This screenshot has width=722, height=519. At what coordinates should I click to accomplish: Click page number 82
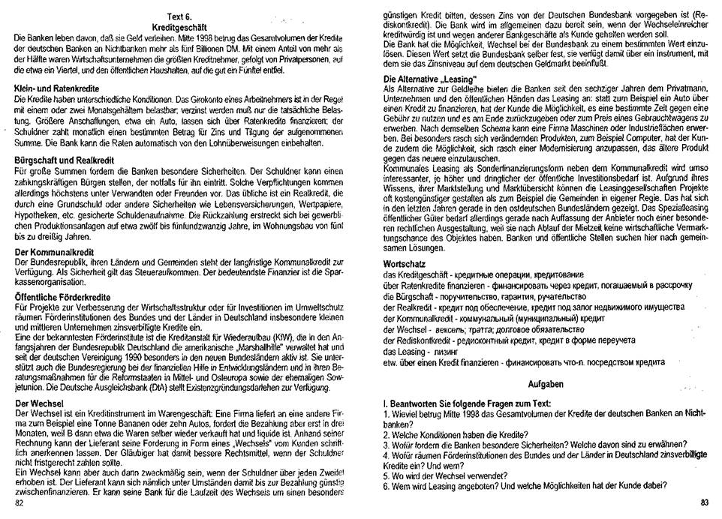(x=20, y=502)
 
